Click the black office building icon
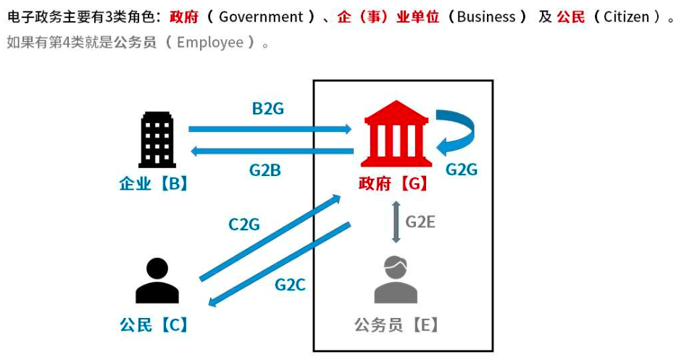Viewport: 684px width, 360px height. click(157, 141)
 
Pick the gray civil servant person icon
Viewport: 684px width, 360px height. click(396, 280)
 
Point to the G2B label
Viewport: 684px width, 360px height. click(265, 171)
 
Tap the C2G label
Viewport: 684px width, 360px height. click(243, 225)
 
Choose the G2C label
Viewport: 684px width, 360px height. click(290, 284)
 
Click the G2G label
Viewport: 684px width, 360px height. click(462, 170)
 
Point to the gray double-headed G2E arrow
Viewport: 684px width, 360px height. click(396, 222)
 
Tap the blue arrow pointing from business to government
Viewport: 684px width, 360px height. click(270, 129)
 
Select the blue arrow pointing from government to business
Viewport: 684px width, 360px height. click(271, 151)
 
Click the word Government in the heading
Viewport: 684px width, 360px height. click(261, 17)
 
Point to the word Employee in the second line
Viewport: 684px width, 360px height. click(210, 42)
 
